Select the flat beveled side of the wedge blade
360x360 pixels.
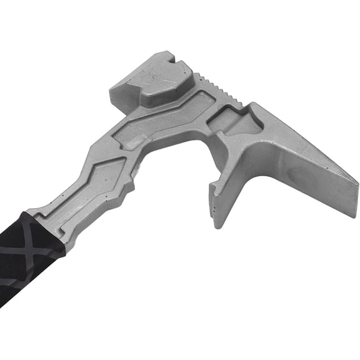312,175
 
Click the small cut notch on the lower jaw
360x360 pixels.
214,186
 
